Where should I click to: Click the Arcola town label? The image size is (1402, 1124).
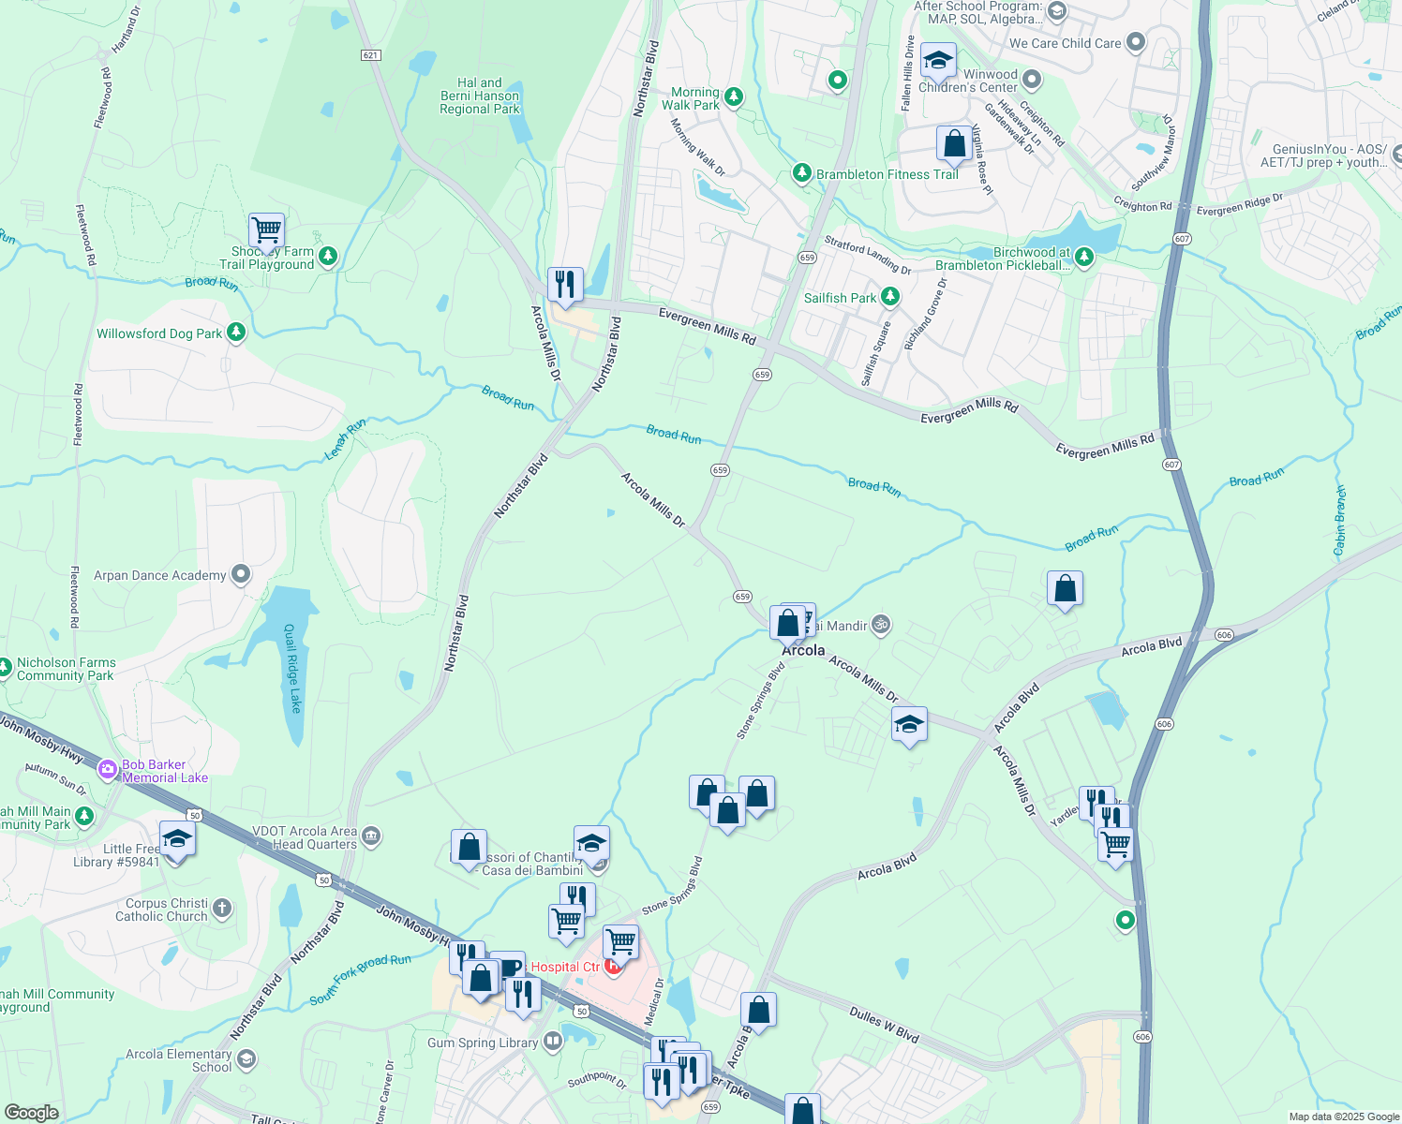(x=804, y=650)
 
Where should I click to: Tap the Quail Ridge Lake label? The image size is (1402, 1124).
(x=292, y=668)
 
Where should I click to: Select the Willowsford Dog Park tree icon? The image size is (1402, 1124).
(x=236, y=333)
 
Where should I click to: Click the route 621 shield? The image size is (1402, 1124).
(x=370, y=55)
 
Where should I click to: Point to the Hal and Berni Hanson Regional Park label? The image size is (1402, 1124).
(x=480, y=96)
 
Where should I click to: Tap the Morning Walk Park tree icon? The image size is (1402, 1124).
(x=734, y=96)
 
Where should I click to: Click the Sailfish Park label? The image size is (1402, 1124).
(x=841, y=298)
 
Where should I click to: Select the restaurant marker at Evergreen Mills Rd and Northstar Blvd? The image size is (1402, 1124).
(x=565, y=285)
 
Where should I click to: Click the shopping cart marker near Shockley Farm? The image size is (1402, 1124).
(x=267, y=230)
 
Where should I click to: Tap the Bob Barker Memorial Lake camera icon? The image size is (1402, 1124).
(x=108, y=770)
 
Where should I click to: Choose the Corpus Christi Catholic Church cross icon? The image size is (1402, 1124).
(x=222, y=908)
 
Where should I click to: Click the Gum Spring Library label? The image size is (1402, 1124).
(x=483, y=1043)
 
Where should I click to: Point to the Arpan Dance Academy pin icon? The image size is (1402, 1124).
(x=242, y=574)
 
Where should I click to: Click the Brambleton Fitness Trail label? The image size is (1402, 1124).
(x=887, y=174)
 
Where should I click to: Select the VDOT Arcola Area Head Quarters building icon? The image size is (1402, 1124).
(x=371, y=836)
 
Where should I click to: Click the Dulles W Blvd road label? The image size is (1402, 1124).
(x=884, y=1025)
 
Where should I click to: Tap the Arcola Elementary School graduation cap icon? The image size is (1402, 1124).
(x=246, y=1059)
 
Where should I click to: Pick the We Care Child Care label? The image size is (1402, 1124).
(x=1065, y=43)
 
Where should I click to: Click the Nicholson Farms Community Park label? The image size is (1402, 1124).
(x=66, y=669)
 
